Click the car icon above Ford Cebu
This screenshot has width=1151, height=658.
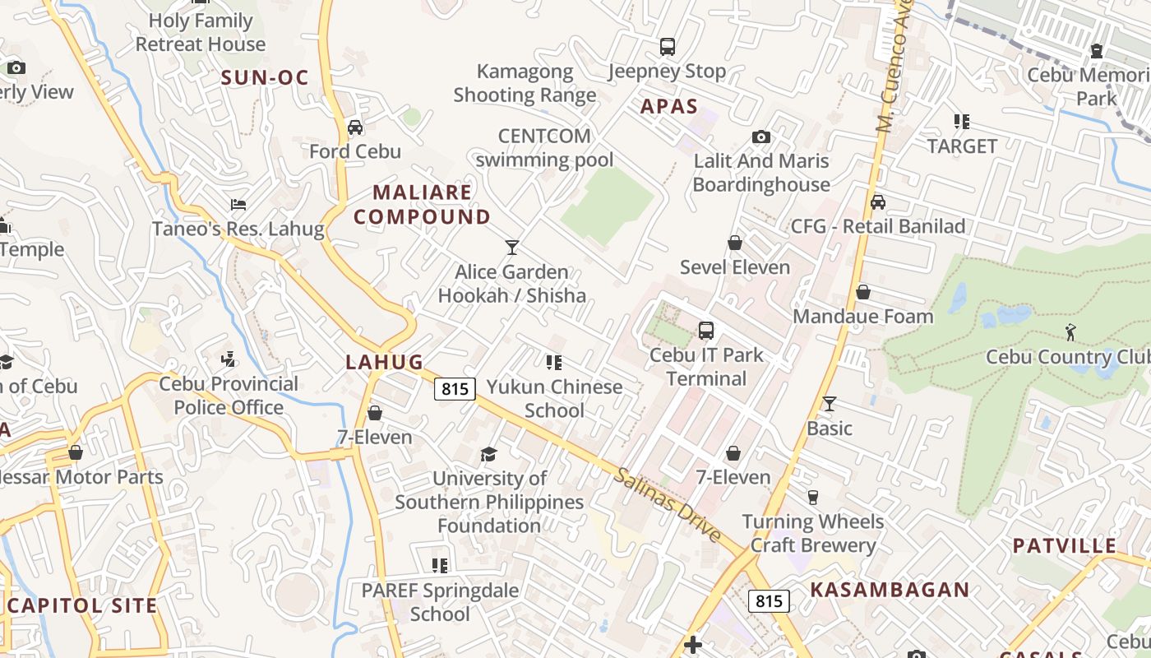click(x=355, y=127)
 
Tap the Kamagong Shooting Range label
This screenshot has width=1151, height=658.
click(x=525, y=83)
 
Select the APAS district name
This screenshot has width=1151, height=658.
click(x=669, y=106)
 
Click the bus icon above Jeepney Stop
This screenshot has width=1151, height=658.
click(x=668, y=47)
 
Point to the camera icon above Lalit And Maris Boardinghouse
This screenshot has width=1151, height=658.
click(x=761, y=137)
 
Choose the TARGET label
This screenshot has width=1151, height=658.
click(x=962, y=146)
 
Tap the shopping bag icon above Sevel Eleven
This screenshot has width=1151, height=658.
click(x=735, y=243)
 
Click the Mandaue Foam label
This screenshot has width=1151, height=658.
click(x=862, y=317)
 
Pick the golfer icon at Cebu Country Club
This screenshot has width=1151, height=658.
click(x=1070, y=332)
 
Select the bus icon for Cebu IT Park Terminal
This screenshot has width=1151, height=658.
click(x=705, y=331)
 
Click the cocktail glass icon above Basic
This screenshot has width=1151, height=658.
click(x=829, y=404)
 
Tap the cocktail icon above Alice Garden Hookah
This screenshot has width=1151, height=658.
click(x=512, y=247)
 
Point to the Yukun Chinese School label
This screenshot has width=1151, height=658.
click(x=554, y=398)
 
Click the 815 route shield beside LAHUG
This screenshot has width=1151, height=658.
click(x=455, y=389)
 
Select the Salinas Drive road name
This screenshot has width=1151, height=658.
click(x=668, y=505)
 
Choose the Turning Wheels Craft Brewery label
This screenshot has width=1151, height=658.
click(x=812, y=533)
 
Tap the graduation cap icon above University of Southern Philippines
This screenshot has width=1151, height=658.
click(x=489, y=454)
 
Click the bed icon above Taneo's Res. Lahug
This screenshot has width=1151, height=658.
click(x=238, y=204)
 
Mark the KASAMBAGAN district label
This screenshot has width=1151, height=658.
click(x=890, y=590)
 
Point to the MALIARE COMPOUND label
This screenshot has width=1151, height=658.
click(x=423, y=205)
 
